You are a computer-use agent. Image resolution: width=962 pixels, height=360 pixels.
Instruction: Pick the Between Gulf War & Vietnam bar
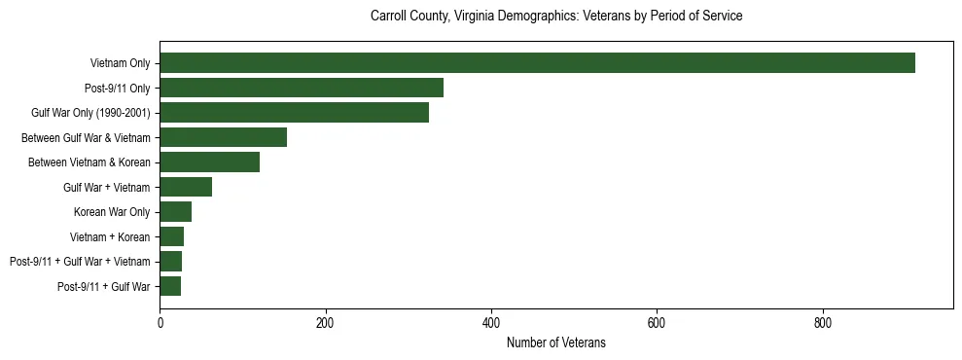tap(223, 137)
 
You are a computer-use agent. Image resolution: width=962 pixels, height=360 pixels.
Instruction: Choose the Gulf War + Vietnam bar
tap(186, 187)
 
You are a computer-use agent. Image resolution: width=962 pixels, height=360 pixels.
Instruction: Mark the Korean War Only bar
tap(175, 211)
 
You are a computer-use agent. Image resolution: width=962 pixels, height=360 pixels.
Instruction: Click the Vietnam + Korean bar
tap(171, 236)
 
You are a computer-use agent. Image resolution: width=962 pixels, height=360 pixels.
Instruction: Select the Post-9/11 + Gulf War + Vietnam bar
tap(170, 261)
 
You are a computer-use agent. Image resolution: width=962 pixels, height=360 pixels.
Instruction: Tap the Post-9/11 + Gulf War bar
tap(170, 286)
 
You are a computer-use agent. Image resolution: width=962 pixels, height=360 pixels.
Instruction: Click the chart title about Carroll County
tap(556, 17)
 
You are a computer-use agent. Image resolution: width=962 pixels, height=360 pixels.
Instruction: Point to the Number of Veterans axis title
tap(556, 342)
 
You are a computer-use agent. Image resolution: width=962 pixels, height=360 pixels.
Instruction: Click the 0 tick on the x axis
tap(160, 322)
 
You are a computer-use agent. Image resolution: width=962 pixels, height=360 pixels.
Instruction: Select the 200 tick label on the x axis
tap(325, 322)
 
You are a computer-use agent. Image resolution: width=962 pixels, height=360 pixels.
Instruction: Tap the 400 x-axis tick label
tap(491, 322)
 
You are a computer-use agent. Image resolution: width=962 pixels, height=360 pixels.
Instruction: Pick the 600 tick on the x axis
tap(657, 322)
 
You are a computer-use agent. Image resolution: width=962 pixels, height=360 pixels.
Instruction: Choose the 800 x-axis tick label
tap(823, 322)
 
